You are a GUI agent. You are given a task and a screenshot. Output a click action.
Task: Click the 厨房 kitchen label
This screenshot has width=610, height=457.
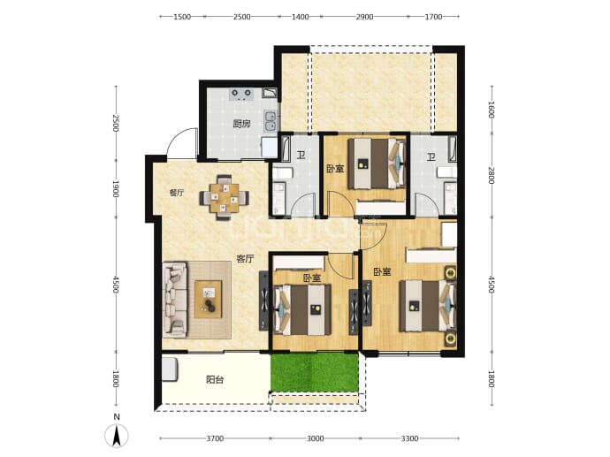241,124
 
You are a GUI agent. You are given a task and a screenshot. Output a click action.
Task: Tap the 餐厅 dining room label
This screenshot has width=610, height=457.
177,193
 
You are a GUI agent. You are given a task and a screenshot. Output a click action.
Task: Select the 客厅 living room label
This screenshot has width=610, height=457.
245,259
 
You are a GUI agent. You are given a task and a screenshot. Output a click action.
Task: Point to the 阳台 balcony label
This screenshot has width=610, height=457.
215,379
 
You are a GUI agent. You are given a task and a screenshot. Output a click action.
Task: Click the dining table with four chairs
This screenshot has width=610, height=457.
224,198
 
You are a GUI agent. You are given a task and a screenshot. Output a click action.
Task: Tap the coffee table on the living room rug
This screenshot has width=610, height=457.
209,299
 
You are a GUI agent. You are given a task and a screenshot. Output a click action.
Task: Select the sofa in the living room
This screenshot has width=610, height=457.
175,299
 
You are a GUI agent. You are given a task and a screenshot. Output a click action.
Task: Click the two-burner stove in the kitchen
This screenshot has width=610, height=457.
241,94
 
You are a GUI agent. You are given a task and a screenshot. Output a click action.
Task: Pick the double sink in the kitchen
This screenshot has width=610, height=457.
270,120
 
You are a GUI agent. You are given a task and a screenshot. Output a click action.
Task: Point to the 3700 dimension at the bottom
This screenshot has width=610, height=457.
215,438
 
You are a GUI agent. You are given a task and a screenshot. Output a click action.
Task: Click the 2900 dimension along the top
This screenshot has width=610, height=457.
364,17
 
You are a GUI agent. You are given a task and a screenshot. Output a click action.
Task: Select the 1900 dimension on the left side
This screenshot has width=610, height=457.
115,188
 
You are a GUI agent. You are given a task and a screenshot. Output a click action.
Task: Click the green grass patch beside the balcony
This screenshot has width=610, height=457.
315,372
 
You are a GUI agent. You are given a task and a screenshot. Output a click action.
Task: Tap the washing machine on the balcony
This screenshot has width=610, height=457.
170,369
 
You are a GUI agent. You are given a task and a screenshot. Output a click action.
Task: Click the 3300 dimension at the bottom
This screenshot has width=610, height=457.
409,438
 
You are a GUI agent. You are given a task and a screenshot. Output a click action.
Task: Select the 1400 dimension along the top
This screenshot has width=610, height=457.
301,17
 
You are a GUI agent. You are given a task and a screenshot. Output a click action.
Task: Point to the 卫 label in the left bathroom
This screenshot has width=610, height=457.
301,156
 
